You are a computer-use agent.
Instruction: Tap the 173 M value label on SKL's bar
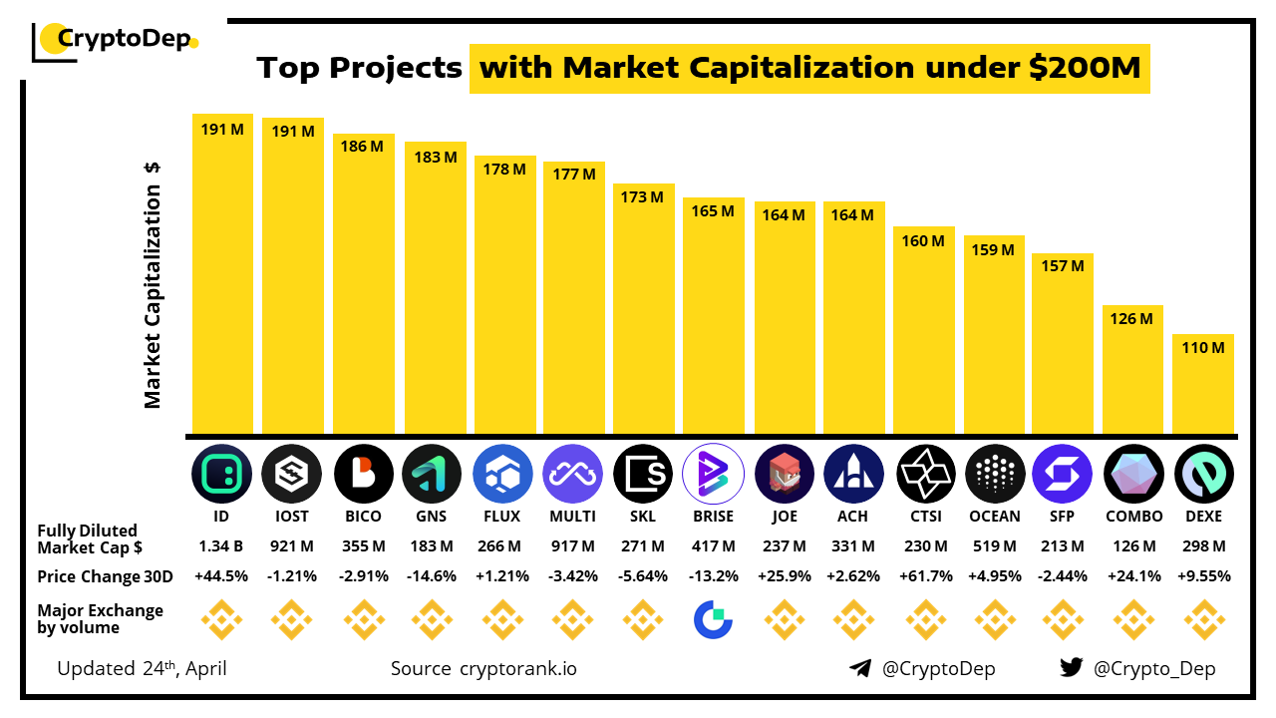[643, 197]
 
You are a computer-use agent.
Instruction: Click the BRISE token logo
[713, 473]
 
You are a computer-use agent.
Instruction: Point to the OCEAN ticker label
[994, 517]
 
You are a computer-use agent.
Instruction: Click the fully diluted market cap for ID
[221, 546]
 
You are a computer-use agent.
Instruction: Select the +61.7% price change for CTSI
[924, 576]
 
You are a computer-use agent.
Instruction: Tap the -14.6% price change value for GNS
[432, 576]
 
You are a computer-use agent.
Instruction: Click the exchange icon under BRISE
[713, 620]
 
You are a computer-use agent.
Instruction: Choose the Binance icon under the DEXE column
[1204, 620]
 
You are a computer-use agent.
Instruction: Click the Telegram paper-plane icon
[860, 668]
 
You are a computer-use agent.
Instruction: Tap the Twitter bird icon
[1072, 668]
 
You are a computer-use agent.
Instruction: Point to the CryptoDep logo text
[122, 39]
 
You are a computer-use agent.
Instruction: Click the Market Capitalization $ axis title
[153, 285]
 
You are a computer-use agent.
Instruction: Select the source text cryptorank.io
[518, 668]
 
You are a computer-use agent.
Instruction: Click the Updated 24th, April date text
[142, 668]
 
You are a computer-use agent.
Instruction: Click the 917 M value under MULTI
[572, 546]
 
